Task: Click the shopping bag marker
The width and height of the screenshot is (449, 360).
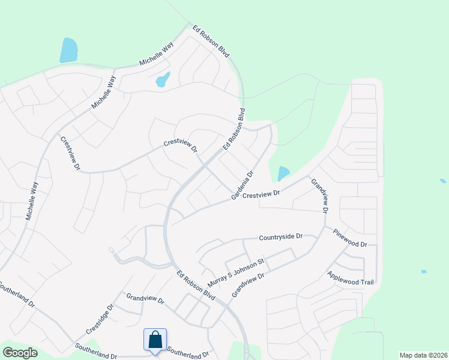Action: tap(155, 340)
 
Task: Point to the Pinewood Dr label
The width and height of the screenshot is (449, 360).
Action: tap(356, 236)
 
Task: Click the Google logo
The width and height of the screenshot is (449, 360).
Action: tap(20, 352)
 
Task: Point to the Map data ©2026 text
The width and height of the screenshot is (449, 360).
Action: tap(423, 355)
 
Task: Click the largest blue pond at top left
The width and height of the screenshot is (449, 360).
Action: tap(68, 50)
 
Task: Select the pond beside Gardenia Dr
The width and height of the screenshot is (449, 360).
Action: tap(283, 174)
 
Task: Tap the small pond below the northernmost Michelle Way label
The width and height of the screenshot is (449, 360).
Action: tap(163, 79)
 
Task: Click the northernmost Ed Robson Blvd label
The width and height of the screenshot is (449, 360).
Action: tap(211, 41)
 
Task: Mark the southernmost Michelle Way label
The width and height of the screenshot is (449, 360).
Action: tap(32, 201)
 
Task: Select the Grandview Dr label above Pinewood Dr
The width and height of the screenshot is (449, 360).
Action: tap(319, 196)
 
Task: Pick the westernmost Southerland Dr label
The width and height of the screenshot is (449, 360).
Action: tap(16, 293)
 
